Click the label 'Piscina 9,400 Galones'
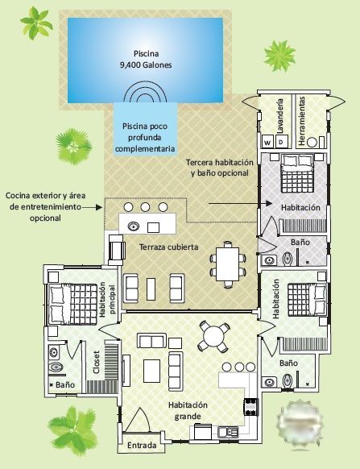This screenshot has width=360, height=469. (x=146, y=59)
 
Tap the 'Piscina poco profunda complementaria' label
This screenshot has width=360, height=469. (x=145, y=137)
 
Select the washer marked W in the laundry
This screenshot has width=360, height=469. (x=267, y=142)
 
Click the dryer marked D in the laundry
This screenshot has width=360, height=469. (x=281, y=142)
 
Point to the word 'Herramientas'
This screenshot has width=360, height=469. (x=302, y=121)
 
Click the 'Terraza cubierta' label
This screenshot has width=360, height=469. (x=168, y=247)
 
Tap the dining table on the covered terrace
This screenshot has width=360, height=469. (x=228, y=264)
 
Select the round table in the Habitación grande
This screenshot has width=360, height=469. (x=213, y=336)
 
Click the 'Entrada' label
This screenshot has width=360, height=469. (x=142, y=446)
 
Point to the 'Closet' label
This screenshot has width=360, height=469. (x=97, y=362)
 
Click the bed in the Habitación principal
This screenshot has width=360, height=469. (x=72, y=304)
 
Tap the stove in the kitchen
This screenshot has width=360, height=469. (x=250, y=407)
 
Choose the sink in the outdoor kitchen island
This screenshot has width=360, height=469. (x=134, y=226)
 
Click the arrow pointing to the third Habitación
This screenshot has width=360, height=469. (x=240, y=203)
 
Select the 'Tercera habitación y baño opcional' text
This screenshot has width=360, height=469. (x=220, y=168)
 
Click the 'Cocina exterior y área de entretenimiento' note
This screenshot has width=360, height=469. (x=45, y=206)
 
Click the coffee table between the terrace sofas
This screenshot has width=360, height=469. (x=151, y=289)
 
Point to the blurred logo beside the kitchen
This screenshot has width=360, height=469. (x=300, y=425)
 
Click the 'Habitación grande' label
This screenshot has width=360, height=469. (x=188, y=410)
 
